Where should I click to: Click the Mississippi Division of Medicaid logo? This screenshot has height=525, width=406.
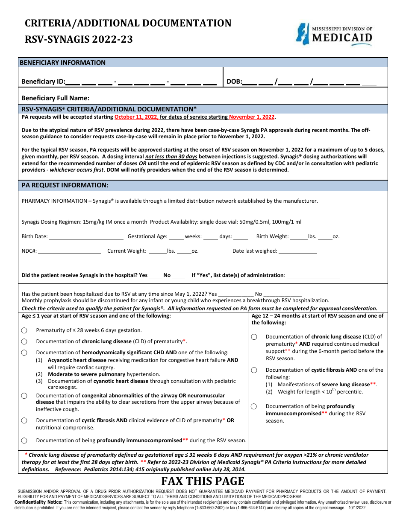[x=334, y=34]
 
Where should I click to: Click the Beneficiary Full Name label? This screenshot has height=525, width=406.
[x=56, y=98]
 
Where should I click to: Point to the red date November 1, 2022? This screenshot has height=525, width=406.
[x=252, y=117]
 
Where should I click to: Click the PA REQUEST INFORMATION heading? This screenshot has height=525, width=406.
[x=65, y=185]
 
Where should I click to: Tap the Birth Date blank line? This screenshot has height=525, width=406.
[x=86, y=237]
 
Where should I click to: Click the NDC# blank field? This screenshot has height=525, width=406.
[x=69, y=251]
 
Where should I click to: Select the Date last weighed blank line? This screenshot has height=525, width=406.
[x=298, y=251]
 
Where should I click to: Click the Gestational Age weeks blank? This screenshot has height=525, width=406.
[x=176, y=237]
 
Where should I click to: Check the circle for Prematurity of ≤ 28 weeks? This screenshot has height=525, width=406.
[x=24, y=330]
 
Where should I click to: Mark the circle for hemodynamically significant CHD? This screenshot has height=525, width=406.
[x=24, y=353]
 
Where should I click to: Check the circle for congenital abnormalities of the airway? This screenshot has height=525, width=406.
[x=24, y=396]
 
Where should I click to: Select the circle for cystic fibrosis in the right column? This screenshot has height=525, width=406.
[x=254, y=370]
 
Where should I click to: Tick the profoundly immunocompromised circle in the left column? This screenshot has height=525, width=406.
[x=24, y=440]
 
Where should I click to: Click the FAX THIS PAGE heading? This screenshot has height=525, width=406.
[x=203, y=481]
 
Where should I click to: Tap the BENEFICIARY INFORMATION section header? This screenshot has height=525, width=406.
[x=63, y=63]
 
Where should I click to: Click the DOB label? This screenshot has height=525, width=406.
[x=234, y=82]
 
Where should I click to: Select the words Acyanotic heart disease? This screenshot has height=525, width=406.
[x=77, y=360]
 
